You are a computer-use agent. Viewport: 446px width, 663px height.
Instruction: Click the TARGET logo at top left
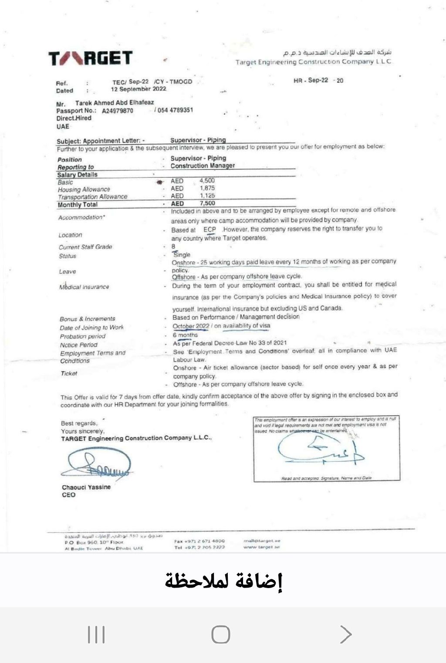90,58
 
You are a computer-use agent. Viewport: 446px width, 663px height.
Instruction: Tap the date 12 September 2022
139,89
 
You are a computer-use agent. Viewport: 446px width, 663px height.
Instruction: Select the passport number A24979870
118,111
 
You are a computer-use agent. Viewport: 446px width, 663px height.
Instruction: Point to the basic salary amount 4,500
207,180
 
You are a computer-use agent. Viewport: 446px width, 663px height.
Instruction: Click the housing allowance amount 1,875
207,188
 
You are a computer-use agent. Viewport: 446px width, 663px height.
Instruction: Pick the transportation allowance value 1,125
207,196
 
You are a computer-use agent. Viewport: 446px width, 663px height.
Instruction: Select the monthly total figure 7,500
207,203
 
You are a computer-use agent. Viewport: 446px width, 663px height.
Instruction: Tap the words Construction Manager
203,166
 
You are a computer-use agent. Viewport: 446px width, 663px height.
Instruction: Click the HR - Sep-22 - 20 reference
318,81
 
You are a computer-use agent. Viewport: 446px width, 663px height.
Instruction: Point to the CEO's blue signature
98,464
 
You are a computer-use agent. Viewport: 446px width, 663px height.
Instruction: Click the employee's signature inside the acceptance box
320,449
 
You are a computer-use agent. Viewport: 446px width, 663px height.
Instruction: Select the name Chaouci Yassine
86,487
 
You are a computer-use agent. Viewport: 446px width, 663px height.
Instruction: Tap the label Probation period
83,336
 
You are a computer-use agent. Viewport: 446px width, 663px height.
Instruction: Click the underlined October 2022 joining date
191,326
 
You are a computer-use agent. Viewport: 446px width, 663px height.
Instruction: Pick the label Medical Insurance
84,287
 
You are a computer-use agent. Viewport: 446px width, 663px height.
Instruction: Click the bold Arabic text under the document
223,580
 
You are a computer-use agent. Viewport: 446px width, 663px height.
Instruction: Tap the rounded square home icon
221,634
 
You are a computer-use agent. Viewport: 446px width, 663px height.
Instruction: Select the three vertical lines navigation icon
96,634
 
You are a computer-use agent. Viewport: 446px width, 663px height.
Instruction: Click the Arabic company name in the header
337,53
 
